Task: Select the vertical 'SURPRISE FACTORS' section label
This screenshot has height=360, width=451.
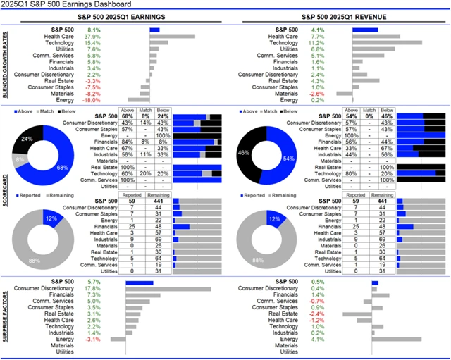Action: tap(8, 316)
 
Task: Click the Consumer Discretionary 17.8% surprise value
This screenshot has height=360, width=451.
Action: tap(92, 289)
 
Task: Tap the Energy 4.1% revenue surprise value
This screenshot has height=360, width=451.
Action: tap(317, 340)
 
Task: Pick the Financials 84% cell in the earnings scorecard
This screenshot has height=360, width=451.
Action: tap(128, 142)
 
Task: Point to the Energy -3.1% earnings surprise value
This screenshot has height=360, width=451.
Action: tap(92, 340)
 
